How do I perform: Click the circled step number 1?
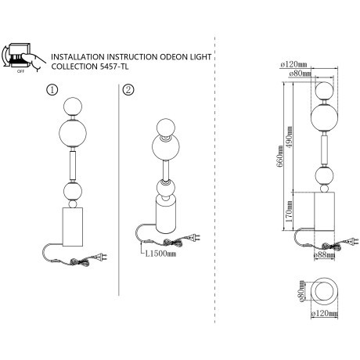point(52,90)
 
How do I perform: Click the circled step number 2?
point(128,90)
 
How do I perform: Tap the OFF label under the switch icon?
point(20,71)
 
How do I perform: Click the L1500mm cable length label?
point(160,254)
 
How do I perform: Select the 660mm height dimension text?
point(280,157)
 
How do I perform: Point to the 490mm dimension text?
point(289,137)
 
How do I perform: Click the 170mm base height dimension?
point(289,211)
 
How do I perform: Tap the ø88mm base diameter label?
point(324,255)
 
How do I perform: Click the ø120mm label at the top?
point(293,64)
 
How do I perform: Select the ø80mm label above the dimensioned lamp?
point(300,74)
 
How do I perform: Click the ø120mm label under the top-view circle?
point(324,313)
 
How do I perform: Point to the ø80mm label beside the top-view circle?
point(301,291)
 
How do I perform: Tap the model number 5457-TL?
point(114,67)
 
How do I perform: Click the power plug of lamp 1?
point(100,257)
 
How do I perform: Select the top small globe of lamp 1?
point(73,106)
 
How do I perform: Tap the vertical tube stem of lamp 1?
point(73,165)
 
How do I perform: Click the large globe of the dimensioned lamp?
point(325,117)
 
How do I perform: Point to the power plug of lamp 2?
point(194,237)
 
